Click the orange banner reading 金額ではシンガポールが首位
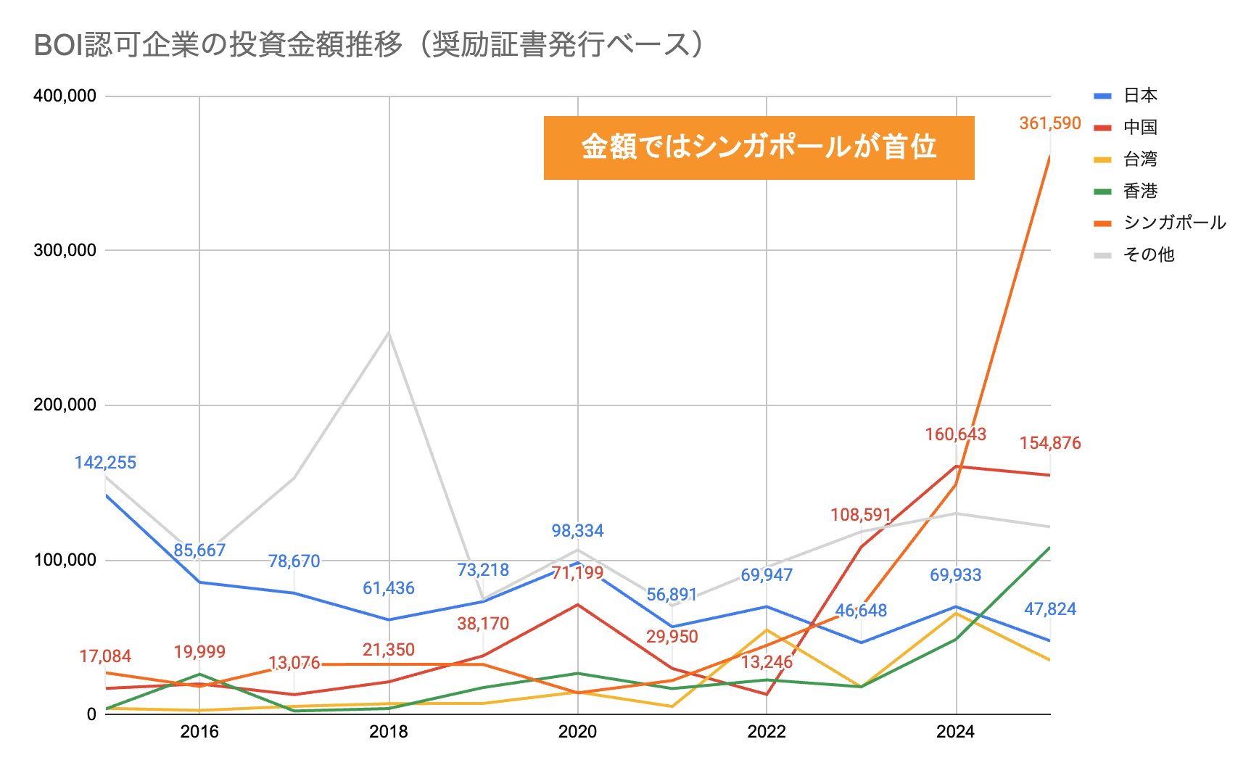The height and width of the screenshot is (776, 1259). tap(759, 147)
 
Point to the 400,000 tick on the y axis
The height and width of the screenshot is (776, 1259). tap(65, 96)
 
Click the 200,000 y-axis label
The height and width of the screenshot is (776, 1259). tap(65, 405)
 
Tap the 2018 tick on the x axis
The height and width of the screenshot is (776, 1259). tap(389, 731)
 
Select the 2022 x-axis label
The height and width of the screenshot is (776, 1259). tap(767, 731)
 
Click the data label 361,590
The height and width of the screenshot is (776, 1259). tap(1049, 123)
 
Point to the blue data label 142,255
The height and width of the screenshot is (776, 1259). tap(105, 463)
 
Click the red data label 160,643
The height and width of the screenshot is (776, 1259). tap(955, 434)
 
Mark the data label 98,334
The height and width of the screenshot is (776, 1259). tap(577, 531)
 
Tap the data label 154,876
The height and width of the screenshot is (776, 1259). tap(1049, 443)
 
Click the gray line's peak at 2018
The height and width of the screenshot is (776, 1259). tap(389, 333)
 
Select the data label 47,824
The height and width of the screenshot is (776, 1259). tap(1049, 609)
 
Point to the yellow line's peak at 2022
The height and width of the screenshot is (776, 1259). tap(767, 630)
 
